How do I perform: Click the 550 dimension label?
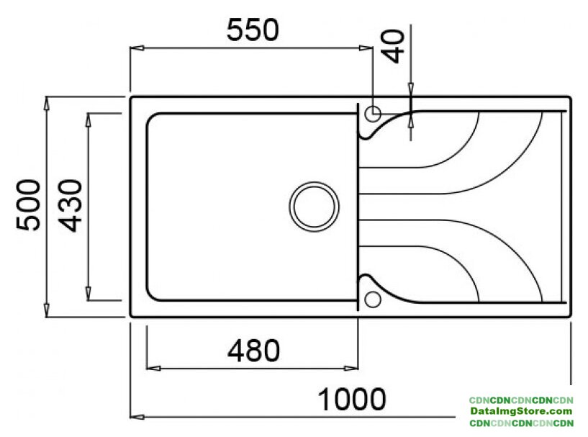click(253, 30)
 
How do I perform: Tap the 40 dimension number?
click(393, 46)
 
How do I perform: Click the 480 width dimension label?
click(254, 351)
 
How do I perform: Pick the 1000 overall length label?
click(352, 399)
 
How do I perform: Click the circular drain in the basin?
click(315, 207)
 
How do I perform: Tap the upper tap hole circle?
click(373, 113)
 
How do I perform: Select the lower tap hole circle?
click(373, 299)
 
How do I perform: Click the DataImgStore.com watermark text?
click(521, 411)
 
